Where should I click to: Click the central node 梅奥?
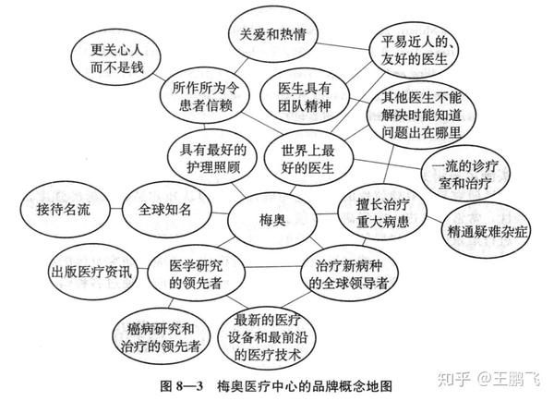272,218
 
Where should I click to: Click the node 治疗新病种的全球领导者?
350,271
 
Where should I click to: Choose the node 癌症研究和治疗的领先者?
159,333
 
